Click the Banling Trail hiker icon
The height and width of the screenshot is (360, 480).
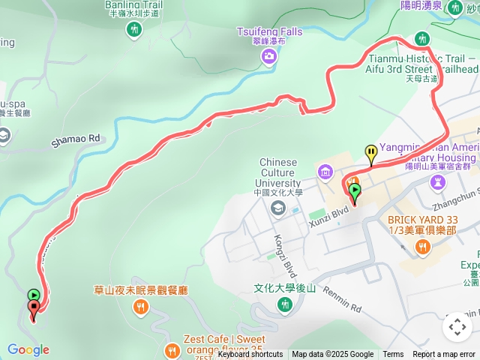tap(134, 29)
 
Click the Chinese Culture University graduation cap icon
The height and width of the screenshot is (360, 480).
tap(278, 208)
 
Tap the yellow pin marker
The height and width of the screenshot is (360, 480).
tap(371, 154)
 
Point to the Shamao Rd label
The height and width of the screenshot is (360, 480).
tap(75, 139)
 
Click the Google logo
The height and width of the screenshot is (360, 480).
tap(28, 349)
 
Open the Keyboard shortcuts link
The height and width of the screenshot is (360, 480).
tap(250, 355)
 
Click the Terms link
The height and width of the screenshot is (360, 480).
tap(393, 355)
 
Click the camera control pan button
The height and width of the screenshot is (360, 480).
tap(457, 327)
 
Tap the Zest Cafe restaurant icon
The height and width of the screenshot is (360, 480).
tap(172, 349)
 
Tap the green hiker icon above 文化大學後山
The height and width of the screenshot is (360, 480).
tap(284, 304)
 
